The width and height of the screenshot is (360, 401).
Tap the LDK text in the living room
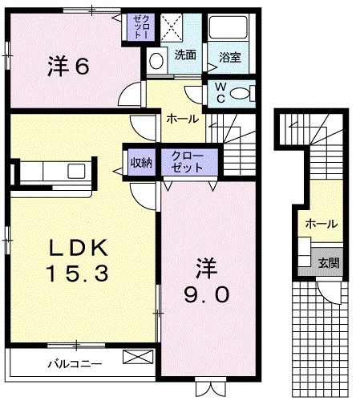(77, 245)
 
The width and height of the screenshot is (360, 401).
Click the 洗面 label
(185, 55)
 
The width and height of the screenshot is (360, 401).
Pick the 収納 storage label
(141, 162)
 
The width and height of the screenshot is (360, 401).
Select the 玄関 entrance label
(329, 262)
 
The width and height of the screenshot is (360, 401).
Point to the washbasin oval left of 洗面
(156, 59)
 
